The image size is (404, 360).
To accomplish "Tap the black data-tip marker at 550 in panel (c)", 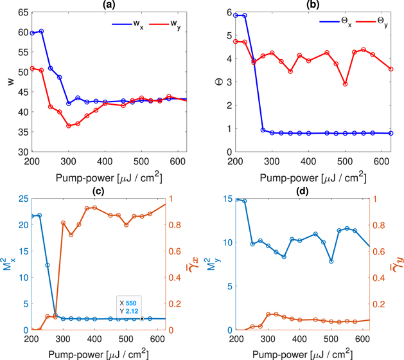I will coord(141,319).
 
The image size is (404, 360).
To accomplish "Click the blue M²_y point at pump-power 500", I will coord(331,262).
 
